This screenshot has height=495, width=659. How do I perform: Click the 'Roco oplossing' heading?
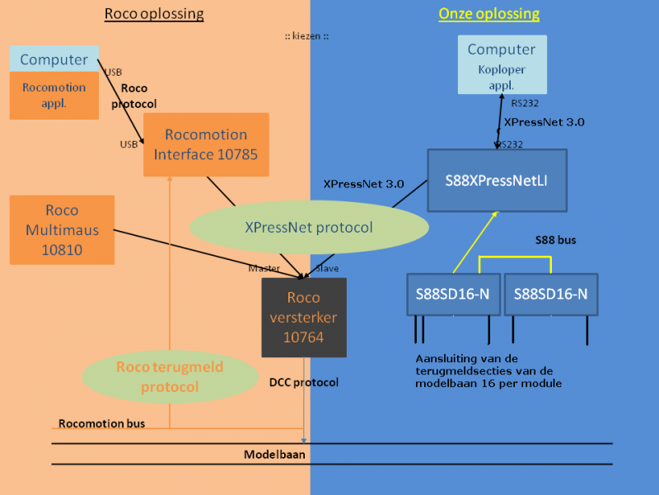154,14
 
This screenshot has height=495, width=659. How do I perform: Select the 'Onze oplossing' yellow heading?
488,14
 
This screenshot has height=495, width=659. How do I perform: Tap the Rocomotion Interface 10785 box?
206,144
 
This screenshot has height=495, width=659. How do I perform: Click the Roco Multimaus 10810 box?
62,229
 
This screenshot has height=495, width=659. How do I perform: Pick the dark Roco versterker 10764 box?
303,317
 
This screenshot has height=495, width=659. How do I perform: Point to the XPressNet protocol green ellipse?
309,227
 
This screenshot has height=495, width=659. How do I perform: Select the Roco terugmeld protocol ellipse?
158,377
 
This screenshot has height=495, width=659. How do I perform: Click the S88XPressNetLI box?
497,180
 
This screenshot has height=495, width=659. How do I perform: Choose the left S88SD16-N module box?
453,294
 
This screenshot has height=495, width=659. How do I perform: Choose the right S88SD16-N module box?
550,294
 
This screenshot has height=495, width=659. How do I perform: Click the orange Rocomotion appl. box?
54,95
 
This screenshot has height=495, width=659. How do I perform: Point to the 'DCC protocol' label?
304,382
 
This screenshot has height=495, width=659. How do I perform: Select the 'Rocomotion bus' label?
101,423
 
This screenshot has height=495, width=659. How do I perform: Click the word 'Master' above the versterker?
264,268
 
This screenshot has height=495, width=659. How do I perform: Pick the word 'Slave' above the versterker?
328,268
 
